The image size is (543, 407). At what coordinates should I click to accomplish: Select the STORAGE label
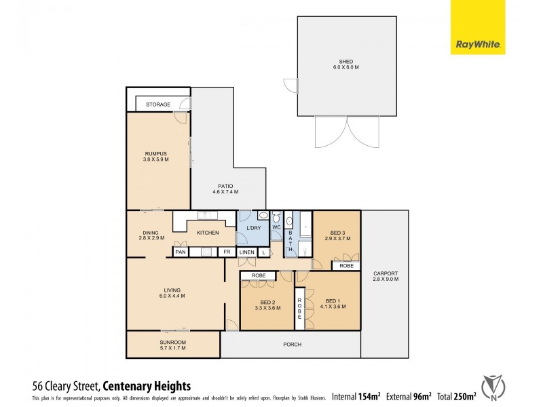158,104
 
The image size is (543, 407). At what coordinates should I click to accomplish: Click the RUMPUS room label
156,153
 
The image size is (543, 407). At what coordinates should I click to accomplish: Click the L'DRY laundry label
253,228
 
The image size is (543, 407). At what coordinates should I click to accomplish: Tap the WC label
276,228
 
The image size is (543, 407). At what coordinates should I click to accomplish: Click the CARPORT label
386,273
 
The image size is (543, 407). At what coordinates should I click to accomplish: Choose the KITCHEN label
208,233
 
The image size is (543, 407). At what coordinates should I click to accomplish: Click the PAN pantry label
180,252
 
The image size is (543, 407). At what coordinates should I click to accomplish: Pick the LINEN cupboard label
247,252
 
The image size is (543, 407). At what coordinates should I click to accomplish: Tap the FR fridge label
227,252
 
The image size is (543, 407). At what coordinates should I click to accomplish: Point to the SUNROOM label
173,342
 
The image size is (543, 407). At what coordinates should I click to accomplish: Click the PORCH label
293,345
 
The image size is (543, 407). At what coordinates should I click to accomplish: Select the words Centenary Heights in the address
147,385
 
